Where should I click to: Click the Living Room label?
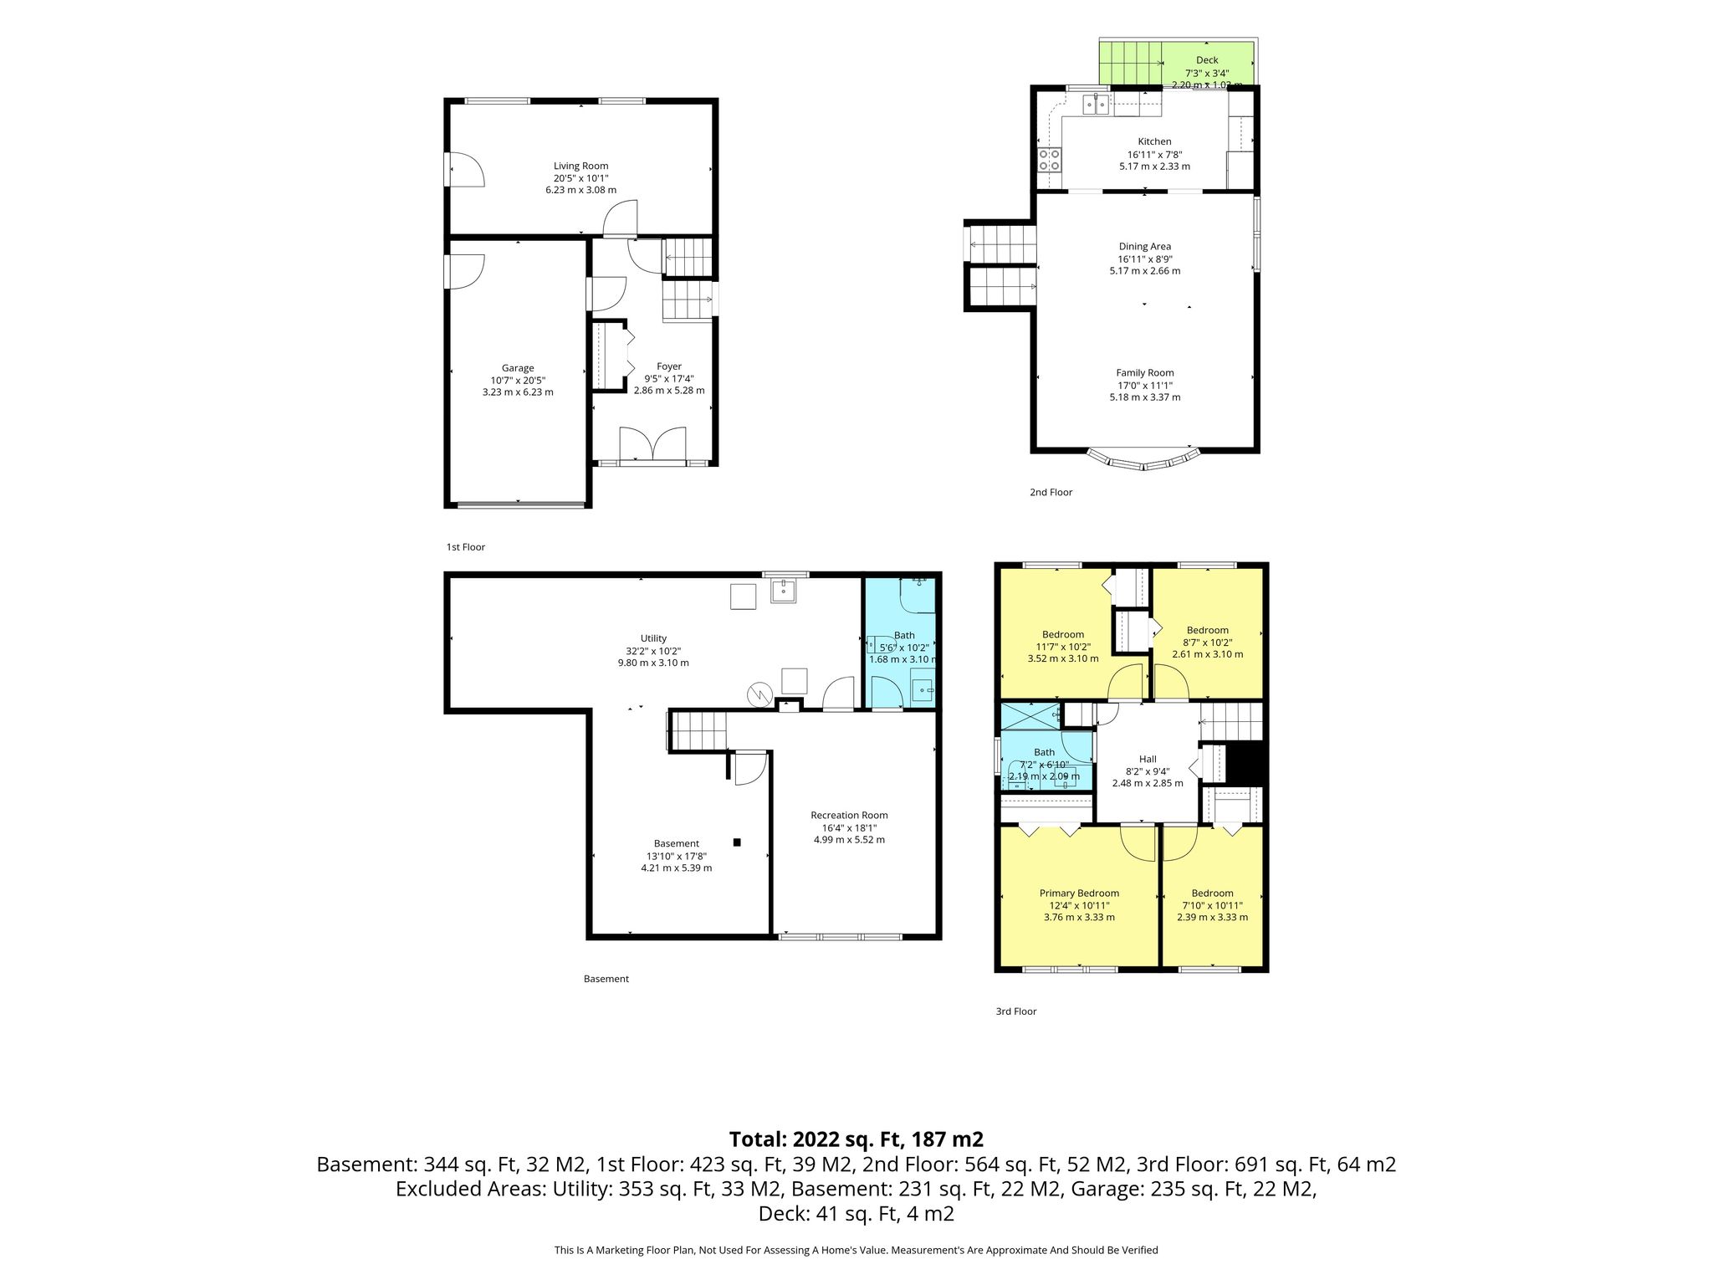click(x=580, y=166)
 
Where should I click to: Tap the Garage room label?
click(x=518, y=368)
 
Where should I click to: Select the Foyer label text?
click(x=669, y=366)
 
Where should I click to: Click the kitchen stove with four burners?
click(x=1050, y=160)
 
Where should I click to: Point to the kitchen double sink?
click(x=1097, y=105)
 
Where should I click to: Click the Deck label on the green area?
click(x=1207, y=60)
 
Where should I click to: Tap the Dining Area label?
click(x=1145, y=247)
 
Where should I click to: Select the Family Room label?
click(x=1145, y=373)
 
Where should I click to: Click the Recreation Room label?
click(x=849, y=815)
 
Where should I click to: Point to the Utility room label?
click(x=653, y=638)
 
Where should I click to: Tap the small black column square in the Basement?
click(x=737, y=842)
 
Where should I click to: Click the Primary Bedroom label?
click(x=1079, y=893)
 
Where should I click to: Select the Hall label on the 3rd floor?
click(x=1148, y=759)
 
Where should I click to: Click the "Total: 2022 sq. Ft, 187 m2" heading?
click(x=856, y=1139)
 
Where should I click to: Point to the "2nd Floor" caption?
click(x=1051, y=492)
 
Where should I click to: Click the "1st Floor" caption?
click(x=465, y=547)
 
